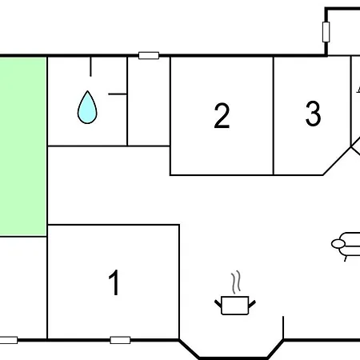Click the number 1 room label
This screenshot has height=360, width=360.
pyautogui.click(x=114, y=282)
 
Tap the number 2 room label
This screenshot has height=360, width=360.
pyautogui.click(x=222, y=116)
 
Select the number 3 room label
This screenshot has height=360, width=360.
pyautogui.click(x=313, y=114)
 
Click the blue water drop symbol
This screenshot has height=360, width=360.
pyautogui.click(x=87, y=107)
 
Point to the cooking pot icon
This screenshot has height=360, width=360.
pyautogui.click(x=235, y=306)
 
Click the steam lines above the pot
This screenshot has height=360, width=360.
pyautogui.click(x=236, y=282)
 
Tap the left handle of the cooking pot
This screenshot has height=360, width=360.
pyautogui.click(x=218, y=303)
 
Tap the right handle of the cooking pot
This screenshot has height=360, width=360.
pyautogui.click(x=252, y=303)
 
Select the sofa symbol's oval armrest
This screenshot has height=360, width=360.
pyautogui.click(x=338, y=243)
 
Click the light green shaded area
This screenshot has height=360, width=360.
pyautogui.click(x=23, y=146)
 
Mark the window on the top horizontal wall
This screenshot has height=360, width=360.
pyautogui.click(x=149, y=55)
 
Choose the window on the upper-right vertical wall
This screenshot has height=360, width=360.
pyautogui.click(x=326, y=32)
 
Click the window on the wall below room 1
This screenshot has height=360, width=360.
pyautogui.click(x=120, y=340)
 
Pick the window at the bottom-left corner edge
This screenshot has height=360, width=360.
pyautogui.click(x=9, y=340)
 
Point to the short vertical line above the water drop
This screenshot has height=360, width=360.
pyautogui.click(x=90, y=66)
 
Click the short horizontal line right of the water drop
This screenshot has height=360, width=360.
pyautogui.click(x=118, y=94)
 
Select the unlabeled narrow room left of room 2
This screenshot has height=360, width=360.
pyautogui.click(x=149, y=102)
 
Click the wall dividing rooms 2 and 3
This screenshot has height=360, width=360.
pyautogui.click(x=274, y=116)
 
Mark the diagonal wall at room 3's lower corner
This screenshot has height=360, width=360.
pyautogui.click(x=337, y=161)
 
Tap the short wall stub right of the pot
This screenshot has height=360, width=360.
pyautogui.click(x=283, y=328)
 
